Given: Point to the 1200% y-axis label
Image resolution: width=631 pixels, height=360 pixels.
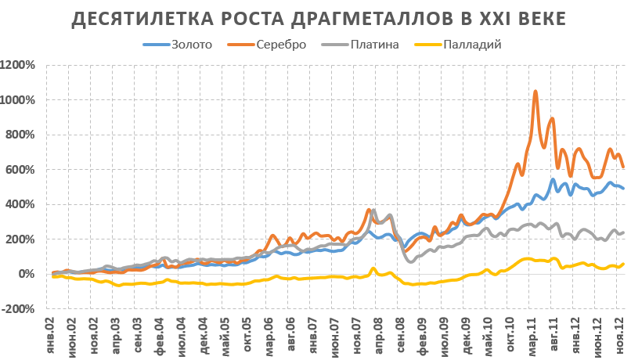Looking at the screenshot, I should click(18, 65).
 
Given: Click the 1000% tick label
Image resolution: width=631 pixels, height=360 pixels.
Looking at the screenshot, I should click(18, 100).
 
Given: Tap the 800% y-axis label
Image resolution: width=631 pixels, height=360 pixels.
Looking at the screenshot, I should click(20, 135).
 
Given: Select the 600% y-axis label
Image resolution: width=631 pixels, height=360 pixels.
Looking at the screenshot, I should click(20, 170).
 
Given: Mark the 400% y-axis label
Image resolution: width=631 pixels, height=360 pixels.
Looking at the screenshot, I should click(20, 204).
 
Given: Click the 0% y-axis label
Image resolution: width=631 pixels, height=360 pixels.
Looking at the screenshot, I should click(26, 274).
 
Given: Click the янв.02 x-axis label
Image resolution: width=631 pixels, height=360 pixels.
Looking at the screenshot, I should click(53, 335).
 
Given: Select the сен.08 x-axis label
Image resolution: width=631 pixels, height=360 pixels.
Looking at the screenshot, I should click(398, 335).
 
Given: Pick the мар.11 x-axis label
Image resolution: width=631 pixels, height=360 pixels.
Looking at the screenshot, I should click(534, 335).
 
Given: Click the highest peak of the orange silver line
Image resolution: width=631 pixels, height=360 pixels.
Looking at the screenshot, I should click(535, 92).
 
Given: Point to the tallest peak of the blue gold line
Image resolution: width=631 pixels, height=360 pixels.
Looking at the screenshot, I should click(553, 180).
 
